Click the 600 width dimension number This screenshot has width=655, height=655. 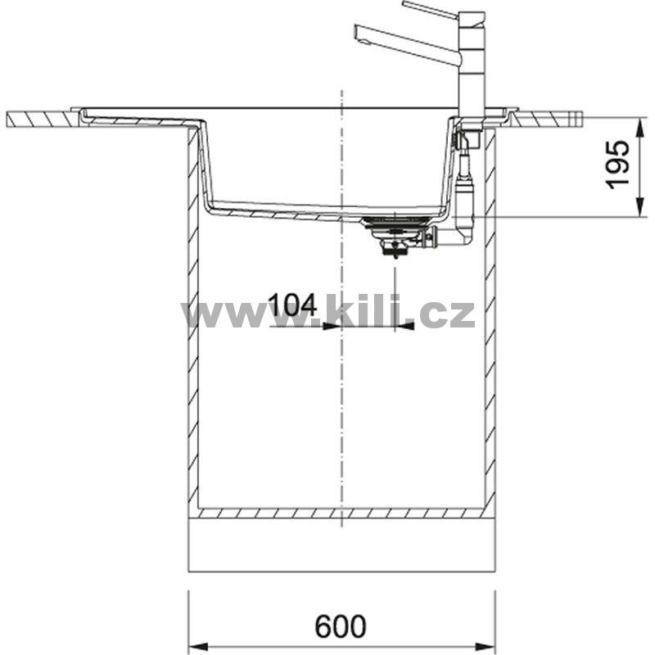click(340, 626)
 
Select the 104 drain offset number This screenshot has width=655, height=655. click(292, 305)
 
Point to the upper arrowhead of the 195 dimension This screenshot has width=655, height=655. click(639, 129)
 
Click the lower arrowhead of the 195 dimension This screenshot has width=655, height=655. click(639, 207)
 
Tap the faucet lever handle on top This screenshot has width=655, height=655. click(431, 9)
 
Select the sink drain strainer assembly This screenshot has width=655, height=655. click(395, 235)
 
